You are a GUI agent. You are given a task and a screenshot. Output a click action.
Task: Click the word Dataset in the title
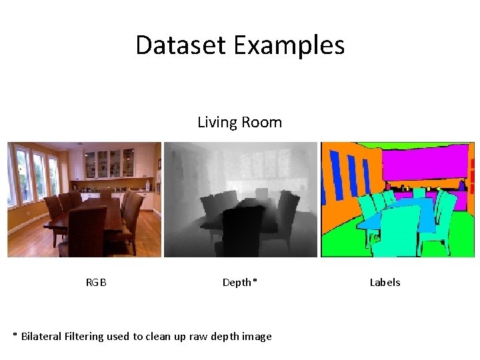tap(181, 45)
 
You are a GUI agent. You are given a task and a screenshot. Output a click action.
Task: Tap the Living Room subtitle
tap(239, 123)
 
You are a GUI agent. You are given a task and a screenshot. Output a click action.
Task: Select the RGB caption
tap(96, 283)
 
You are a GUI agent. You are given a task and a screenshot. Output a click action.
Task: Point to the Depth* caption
tap(239, 283)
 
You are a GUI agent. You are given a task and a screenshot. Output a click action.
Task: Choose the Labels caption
tap(385, 283)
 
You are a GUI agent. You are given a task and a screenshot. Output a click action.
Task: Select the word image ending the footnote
tap(256, 336)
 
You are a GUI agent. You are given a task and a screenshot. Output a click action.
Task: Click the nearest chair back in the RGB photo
tap(87, 227)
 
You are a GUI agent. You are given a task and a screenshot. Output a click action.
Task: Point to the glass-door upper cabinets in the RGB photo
tap(110, 163)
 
